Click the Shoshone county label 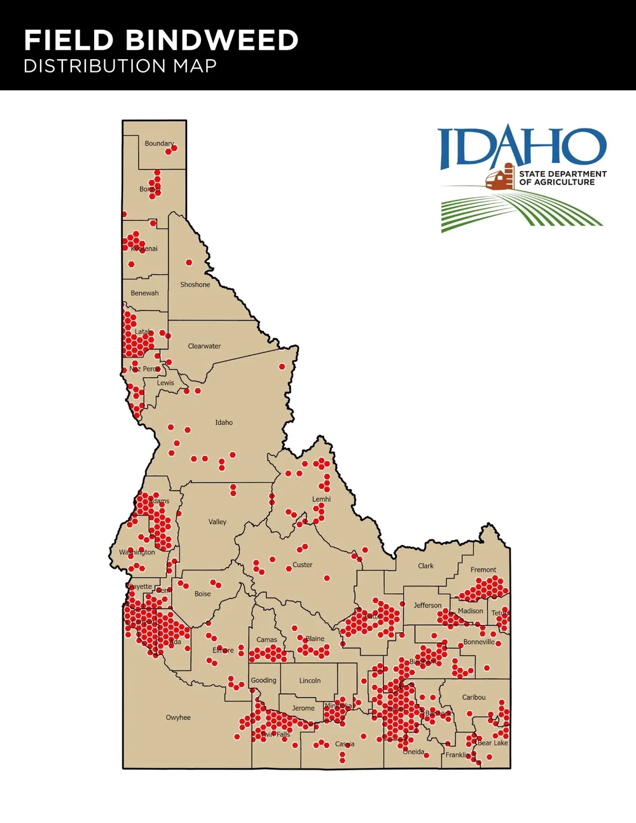[x=195, y=285]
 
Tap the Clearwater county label [x=204, y=347]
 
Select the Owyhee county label [x=178, y=717]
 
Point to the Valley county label [x=218, y=522]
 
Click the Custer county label [x=302, y=565]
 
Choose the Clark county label [x=425, y=566]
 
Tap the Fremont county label [x=483, y=570]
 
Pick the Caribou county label [x=473, y=698]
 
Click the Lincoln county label [x=310, y=681]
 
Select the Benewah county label [x=144, y=293]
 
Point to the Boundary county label [x=158, y=144]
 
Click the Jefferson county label [x=427, y=605]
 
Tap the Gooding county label [x=263, y=681]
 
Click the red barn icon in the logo [x=500, y=177]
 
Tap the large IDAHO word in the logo [x=522, y=148]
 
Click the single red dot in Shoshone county [x=189, y=263]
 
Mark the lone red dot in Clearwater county [x=282, y=367]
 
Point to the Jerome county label [x=303, y=709]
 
